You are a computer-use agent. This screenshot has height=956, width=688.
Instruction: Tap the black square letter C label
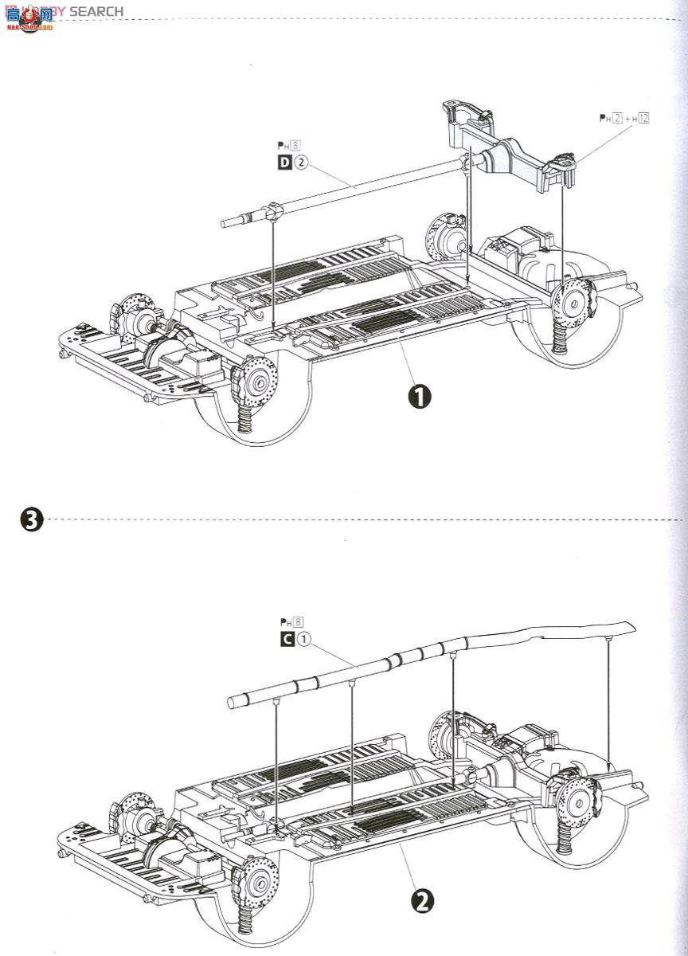click(284, 639)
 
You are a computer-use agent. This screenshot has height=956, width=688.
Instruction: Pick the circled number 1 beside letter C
click(303, 639)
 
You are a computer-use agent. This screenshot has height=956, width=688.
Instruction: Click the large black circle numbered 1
click(419, 396)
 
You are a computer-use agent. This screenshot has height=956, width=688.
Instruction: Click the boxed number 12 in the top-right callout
click(643, 118)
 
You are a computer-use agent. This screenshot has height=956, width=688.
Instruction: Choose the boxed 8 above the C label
click(299, 622)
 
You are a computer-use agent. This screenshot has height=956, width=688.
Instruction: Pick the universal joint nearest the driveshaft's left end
click(272, 213)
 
